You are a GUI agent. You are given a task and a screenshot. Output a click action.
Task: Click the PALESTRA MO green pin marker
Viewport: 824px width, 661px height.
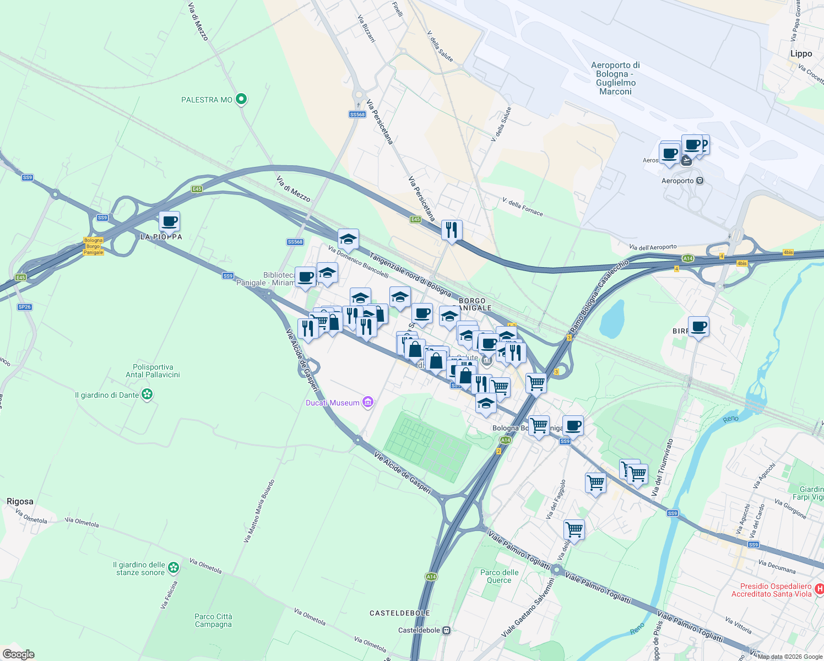(x=241, y=99)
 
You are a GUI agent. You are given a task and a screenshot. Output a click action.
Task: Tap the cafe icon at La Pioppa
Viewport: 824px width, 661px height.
(x=169, y=222)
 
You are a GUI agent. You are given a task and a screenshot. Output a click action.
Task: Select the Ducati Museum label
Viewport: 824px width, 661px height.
(x=333, y=403)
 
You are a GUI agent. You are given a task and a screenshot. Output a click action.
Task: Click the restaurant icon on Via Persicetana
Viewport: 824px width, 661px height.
(x=452, y=230)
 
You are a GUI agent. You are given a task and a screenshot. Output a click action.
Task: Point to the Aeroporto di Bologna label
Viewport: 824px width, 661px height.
(x=615, y=78)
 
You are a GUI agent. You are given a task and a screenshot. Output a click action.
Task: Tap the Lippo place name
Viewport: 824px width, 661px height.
(x=801, y=53)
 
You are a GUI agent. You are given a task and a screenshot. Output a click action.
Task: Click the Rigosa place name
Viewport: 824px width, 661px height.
(x=20, y=501)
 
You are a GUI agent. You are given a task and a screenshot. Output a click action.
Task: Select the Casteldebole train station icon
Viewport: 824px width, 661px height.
(x=446, y=630)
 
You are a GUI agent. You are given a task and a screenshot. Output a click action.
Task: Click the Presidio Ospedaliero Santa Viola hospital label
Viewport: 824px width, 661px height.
(x=771, y=590)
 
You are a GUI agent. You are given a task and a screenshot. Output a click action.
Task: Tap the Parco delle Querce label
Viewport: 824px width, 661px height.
(x=499, y=576)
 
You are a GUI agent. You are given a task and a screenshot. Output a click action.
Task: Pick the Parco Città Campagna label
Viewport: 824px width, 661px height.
(x=213, y=620)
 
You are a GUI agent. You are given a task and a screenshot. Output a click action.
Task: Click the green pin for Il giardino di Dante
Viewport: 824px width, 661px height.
(x=147, y=394)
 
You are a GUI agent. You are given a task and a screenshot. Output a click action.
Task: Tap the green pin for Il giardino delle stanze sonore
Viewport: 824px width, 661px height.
(x=174, y=567)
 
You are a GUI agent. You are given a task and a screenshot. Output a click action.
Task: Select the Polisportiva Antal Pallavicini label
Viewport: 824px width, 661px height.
(x=153, y=371)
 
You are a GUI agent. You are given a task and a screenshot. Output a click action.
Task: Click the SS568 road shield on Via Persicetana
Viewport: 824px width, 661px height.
(x=357, y=115)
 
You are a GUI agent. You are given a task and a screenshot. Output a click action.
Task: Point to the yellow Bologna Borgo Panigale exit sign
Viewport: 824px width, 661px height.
(x=93, y=246)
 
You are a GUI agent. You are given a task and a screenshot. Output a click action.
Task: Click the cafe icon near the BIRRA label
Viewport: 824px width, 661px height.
(x=698, y=327)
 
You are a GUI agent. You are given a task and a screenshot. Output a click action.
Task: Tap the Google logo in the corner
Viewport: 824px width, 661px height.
(x=18, y=654)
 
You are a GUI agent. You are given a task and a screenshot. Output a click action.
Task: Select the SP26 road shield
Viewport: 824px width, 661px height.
(x=24, y=307)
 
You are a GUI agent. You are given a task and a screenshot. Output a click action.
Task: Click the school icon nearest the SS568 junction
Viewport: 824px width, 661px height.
(x=348, y=240)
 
